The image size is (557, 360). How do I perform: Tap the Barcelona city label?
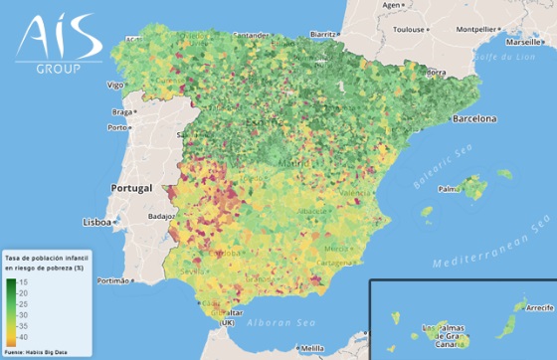[472, 118]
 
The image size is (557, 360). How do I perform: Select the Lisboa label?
[97, 222]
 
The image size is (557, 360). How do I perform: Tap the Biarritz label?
[324, 33]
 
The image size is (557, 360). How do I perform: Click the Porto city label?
[118, 127]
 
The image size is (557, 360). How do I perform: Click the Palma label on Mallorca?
[450, 187]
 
